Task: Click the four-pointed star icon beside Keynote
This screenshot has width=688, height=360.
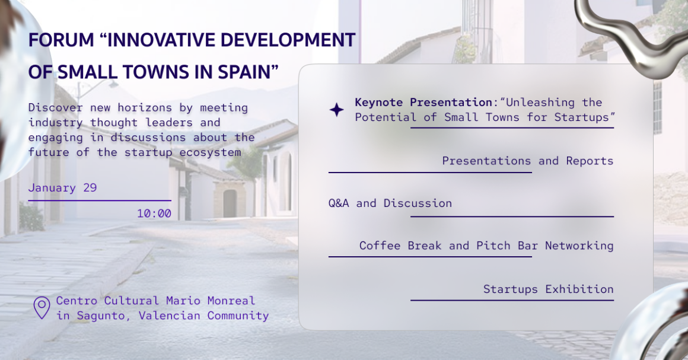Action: pos(336,110)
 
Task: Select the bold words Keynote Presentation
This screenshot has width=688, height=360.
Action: pos(424,103)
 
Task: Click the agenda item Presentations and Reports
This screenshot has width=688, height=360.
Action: pos(527,161)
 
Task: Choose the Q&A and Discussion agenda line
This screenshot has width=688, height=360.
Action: pos(390,203)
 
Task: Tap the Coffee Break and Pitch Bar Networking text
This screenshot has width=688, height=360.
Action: pos(486,246)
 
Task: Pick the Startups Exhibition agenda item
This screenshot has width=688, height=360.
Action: pos(548,289)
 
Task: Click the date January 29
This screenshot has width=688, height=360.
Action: pos(62,188)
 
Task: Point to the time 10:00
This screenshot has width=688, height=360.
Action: pos(154,214)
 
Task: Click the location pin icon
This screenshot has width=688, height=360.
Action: pos(42,308)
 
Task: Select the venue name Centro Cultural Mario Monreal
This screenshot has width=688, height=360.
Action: pos(155,301)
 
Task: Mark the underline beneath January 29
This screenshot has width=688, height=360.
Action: pos(99,200)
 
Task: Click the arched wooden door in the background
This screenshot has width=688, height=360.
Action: pos(230,203)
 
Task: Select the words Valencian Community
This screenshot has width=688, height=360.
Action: pos(203,316)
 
